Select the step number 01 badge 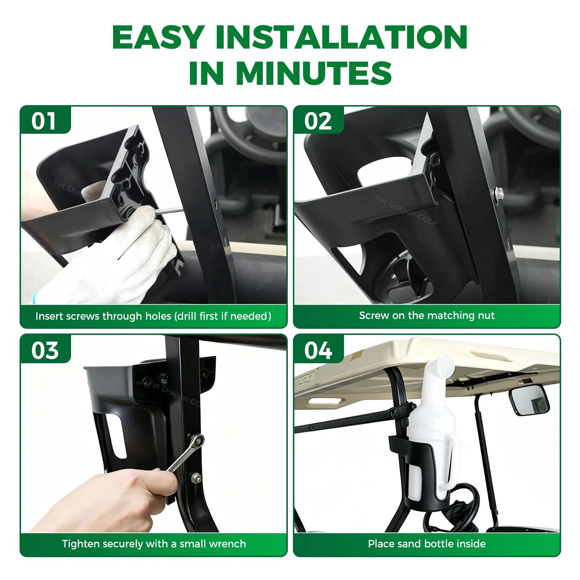coord(44,121)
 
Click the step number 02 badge coord(318,121)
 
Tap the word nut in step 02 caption coord(486,315)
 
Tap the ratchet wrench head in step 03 coord(196,441)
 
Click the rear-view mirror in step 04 coord(530,402)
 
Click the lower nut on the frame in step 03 coord(196,478)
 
